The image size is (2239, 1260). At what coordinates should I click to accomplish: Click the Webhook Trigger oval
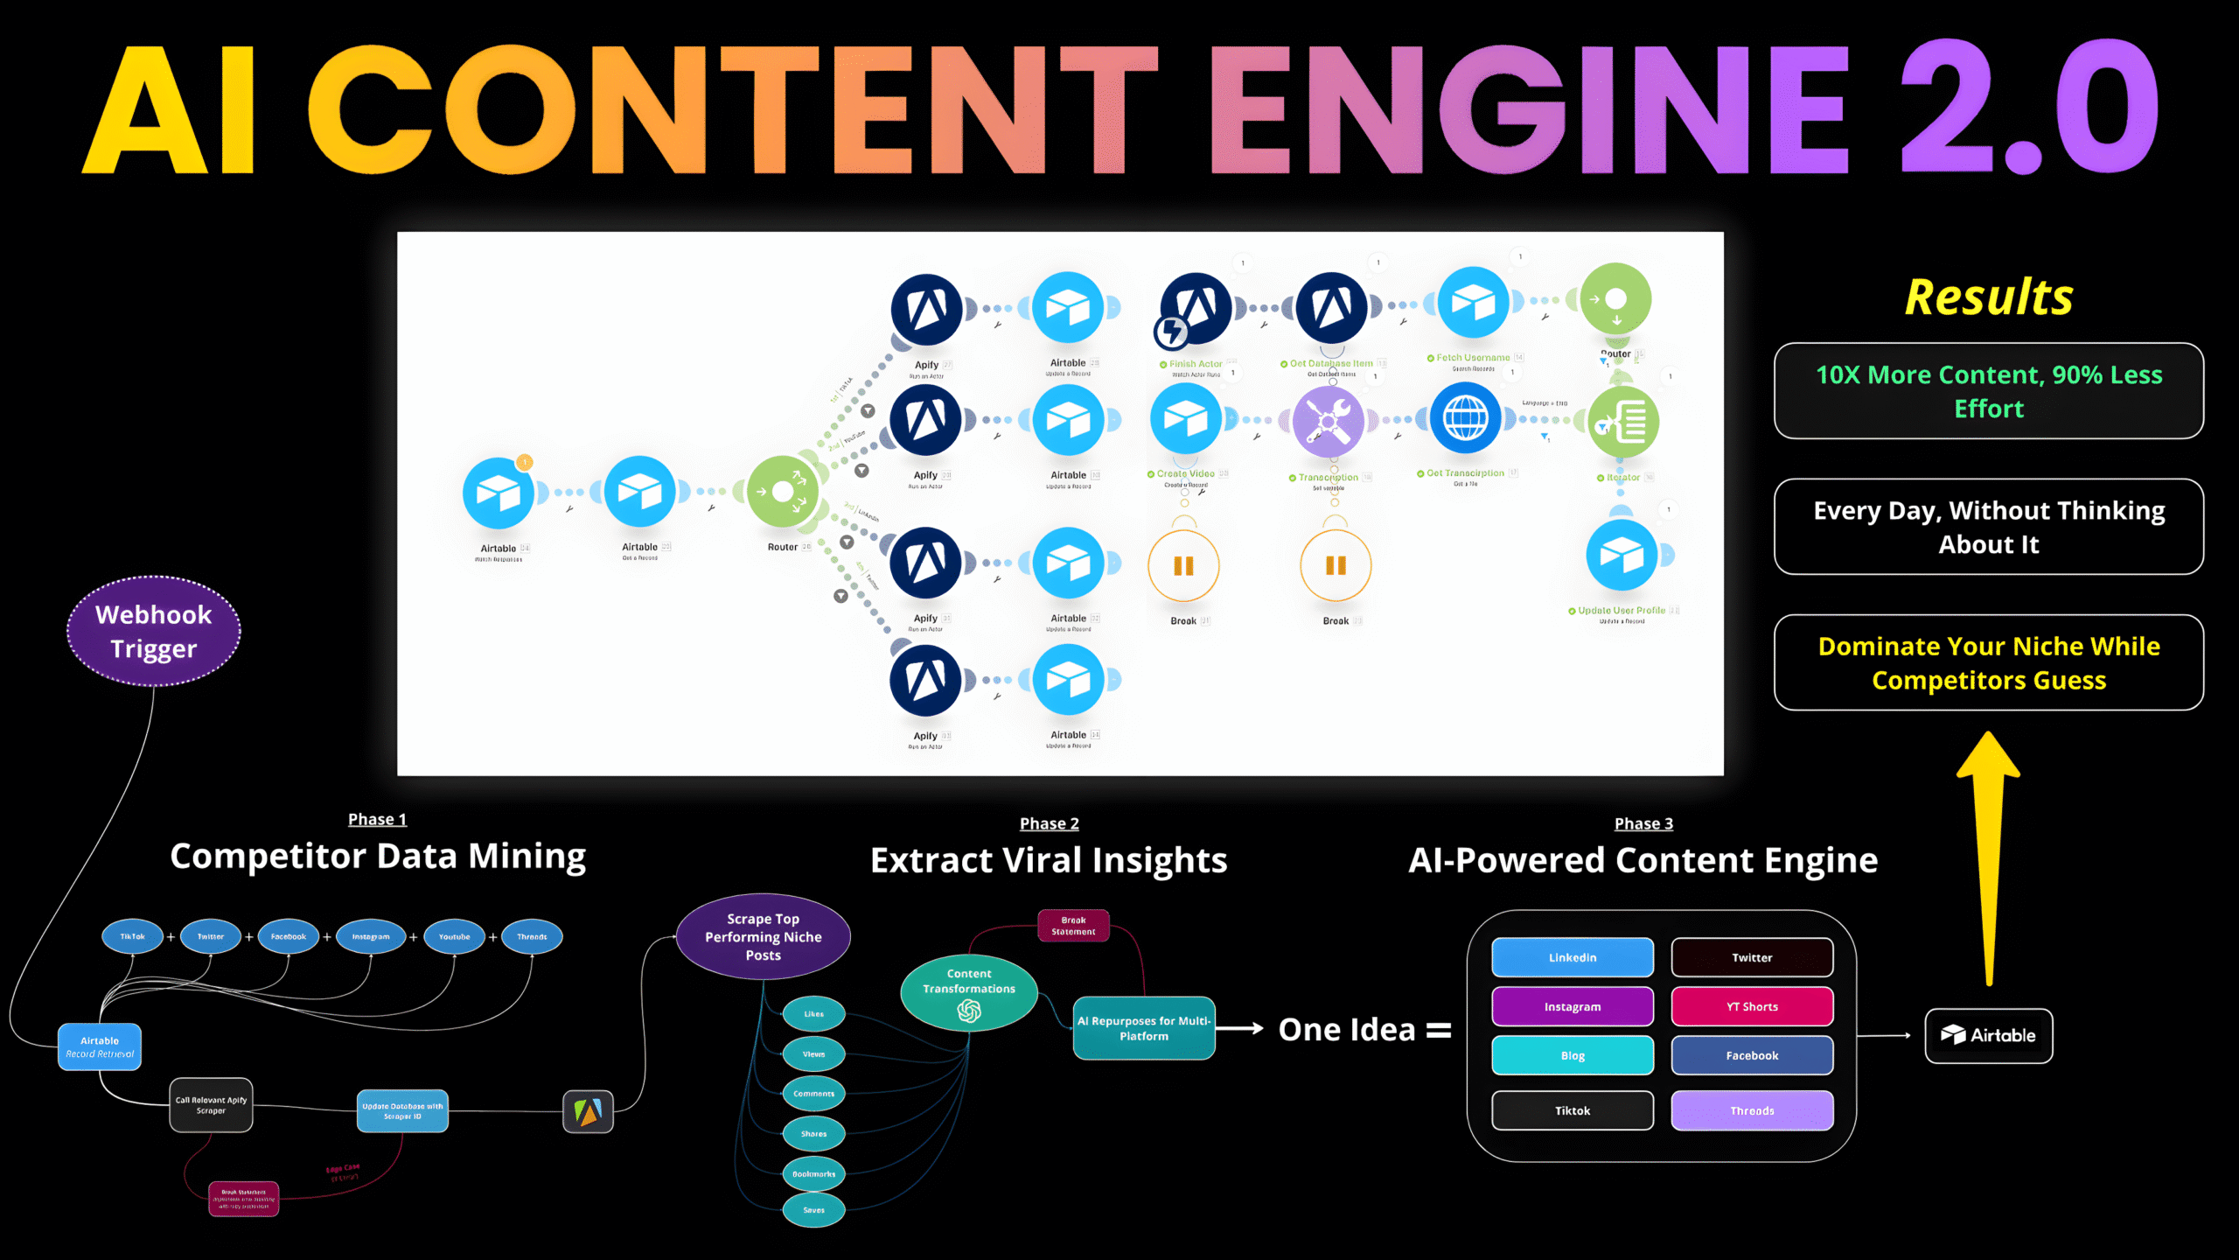(153, 631)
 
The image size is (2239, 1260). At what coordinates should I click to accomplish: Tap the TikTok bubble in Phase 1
(133, 936)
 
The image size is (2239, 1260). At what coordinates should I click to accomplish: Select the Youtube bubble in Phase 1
(454, 936)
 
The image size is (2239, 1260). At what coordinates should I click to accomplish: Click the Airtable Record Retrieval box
(100, 1046)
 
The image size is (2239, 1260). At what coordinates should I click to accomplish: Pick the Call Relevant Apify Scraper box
(211, 1105)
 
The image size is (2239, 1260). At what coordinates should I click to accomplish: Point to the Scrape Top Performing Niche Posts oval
(763, 936)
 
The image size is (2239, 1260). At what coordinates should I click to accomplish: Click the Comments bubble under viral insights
(813, 1094)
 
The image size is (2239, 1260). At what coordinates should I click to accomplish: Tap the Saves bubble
(813, 1210)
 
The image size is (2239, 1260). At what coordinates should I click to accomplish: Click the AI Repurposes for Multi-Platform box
(1144, 1028)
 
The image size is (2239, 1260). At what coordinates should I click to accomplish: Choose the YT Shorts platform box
(1752, 1006)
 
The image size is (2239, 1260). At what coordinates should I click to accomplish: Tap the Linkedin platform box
(1573, 957)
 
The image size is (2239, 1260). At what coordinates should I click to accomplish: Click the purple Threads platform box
(1752, 1110)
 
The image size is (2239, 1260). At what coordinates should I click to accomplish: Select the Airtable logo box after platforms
(1989, 1035)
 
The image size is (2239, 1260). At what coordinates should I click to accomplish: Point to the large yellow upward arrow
(1989, 857)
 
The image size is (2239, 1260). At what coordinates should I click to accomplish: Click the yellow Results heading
(1989, 297)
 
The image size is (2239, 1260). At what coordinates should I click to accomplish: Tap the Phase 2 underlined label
(1049, 823)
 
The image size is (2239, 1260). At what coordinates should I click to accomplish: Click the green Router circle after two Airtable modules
(783, 492)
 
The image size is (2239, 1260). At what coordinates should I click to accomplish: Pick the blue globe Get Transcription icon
(1466, 418)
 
